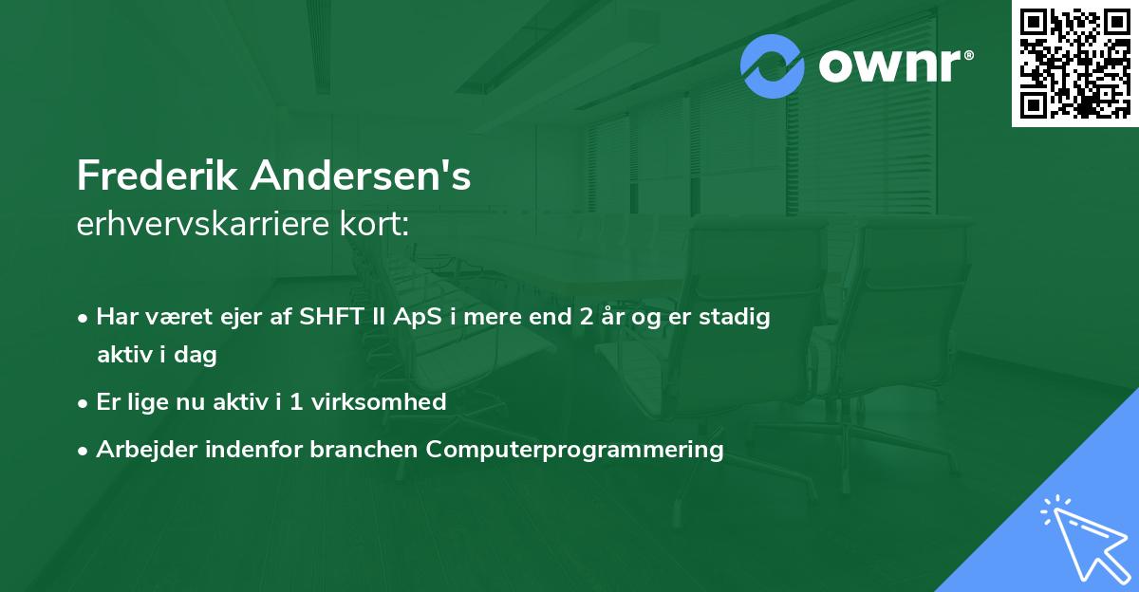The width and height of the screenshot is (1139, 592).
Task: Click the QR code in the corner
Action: coord(1074,64)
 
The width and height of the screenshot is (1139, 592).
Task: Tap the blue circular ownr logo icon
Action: coord(773,66)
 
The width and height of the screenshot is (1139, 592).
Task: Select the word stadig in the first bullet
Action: coord(735,317)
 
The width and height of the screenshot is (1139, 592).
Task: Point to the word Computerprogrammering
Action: coord(575,449)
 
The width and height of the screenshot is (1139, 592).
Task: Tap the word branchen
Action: coord(365,449)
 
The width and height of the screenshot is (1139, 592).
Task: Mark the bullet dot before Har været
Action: coord(84,318)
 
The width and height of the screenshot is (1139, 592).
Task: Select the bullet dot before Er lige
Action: coord(84,402)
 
